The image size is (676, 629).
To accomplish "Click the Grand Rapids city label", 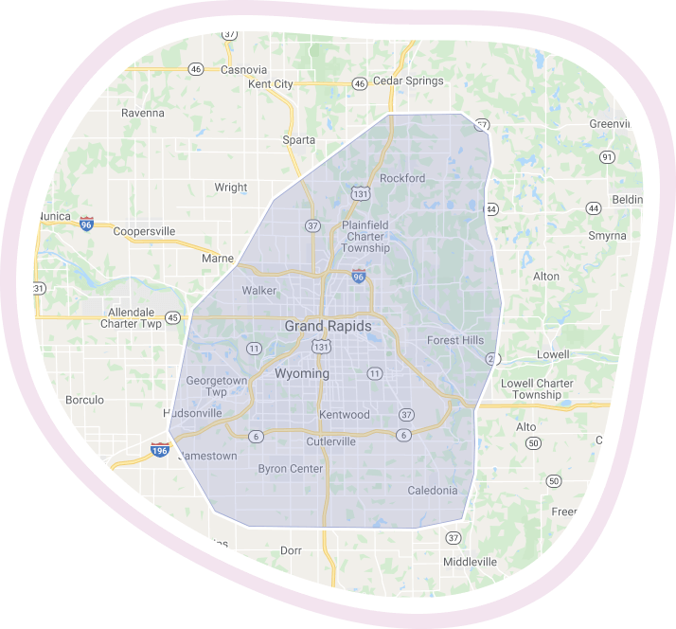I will click(328, 326).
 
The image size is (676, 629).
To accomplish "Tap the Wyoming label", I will click(302, 374).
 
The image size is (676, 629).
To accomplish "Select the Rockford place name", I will click(401, 178).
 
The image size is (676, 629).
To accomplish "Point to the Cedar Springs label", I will click(408, 81).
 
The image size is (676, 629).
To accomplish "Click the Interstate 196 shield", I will click(160, 450).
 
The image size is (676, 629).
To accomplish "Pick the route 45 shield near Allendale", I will click(172, 317).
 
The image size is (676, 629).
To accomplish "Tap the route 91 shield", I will click(607, 156).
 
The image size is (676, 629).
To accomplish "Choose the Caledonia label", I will click(432, 491).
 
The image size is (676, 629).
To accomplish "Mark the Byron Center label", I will click(290, 469).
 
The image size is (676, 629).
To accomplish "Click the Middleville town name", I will click(470, 562).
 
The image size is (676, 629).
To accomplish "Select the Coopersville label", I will click(144, 231).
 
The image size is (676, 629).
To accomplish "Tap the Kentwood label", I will click(345, 415).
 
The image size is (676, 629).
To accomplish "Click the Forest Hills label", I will click(455, 340).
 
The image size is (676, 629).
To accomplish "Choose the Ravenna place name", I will click(142, 113).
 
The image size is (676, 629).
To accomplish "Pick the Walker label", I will click(259, 290).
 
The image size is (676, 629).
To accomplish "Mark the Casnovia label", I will click(243, 69).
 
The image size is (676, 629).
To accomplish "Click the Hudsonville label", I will click(192, 413).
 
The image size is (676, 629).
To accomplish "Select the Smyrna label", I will click(607, 235).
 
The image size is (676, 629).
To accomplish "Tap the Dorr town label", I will click(292, 550).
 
